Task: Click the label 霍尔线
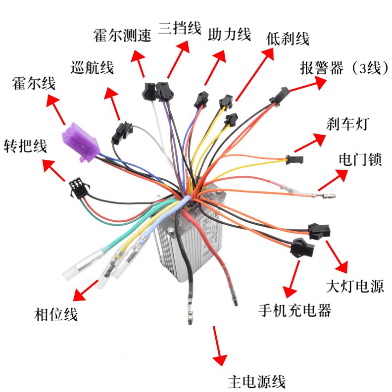point(34,83)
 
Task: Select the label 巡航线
point(93,67)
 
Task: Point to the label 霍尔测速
point(122,36)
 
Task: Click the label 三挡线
point(180,28)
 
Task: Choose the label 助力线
point(230,34)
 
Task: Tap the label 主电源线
point(256,382)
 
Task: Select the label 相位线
point(56,314)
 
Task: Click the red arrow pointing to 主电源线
point(217,346)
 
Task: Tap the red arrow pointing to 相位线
point(87,289)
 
